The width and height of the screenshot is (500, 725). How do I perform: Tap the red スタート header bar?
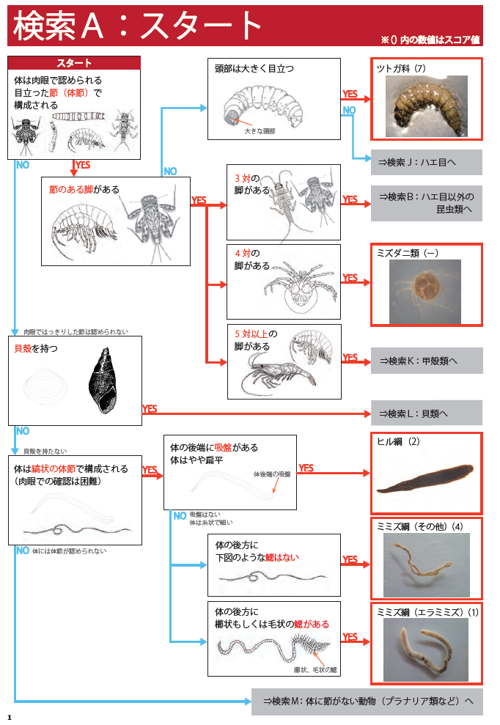click(x=74, y=63)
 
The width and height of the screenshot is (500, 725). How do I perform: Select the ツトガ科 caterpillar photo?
click(x=427, y=106)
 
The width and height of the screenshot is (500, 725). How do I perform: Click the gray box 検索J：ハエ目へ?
click(x=426, y=162)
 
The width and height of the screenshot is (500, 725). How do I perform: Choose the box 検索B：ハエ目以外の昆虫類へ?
click(x=426, y=203)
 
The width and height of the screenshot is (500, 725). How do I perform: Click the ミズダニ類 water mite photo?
click(x=425, y=291)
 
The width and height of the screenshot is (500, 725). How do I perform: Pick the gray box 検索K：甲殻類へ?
click(x=426, y=361)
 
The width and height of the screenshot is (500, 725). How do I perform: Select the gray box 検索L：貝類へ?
click(x=426, y=413)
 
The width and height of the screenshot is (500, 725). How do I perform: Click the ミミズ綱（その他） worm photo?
click(x=426, y=565)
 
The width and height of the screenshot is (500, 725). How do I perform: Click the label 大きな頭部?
click(x=260, y=131)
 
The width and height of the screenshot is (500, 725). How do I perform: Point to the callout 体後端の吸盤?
click(x=271, y=474)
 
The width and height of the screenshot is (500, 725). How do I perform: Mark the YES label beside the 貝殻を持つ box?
click(x=150, y=409)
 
